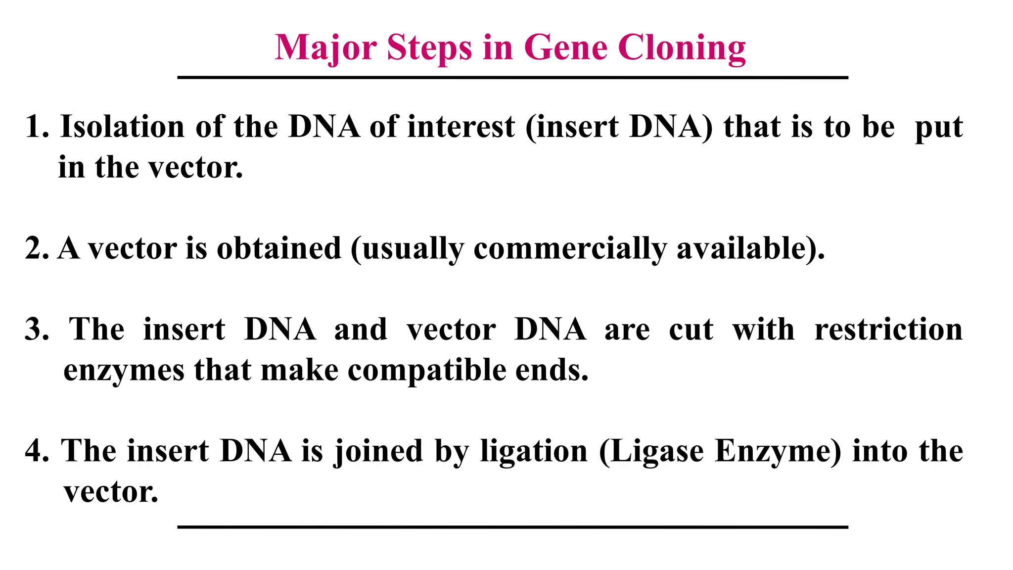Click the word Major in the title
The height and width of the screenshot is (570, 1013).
click(x=325, y=48)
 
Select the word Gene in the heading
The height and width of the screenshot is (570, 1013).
click(x=565, y=48)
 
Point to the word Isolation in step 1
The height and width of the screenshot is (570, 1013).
click(x=122, y=127)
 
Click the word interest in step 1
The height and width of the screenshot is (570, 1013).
click(x=461, y=127)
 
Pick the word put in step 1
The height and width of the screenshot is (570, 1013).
click(x=939, y=128)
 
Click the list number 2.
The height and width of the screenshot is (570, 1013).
click(x=36, y=248)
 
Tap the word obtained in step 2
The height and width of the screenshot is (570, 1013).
click(x=279, y=248)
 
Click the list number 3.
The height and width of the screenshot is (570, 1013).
click(x=36, y=330)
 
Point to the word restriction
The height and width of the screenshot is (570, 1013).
click(x=888, y=330)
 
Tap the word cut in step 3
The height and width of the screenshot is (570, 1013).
click(x=691, y=330)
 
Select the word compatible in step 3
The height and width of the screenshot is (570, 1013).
click(x=427, y=370)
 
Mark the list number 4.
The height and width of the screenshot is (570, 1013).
click(x=36, y=451)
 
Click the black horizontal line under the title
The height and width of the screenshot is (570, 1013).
click(x=512, y=78)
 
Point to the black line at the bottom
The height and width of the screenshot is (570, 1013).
click(x=512, y=527)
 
